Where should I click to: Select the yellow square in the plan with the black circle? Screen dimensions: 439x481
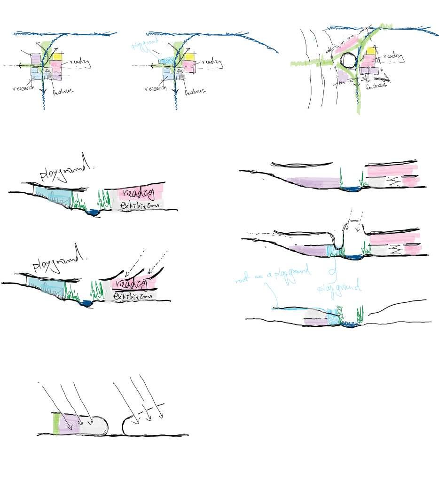[x=371, y=52]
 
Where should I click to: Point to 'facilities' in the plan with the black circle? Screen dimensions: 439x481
[x=376, y=86]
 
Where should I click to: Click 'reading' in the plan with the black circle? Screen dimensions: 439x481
[x=394, y=58]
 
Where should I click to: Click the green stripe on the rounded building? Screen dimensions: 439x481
[x=57, y=424]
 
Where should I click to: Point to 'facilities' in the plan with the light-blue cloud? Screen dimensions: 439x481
[x=195, y=92]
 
